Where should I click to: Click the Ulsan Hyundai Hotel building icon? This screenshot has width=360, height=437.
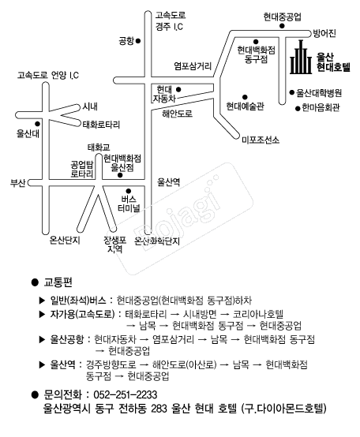point(301,57)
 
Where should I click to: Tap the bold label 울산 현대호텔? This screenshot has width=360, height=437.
point(333,62)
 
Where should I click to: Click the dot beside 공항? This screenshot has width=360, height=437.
point(137,41)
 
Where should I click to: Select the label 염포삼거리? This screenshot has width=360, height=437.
point(193,66)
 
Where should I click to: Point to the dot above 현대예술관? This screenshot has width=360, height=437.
point(245,97)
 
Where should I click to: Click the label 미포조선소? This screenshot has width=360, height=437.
point(261,140)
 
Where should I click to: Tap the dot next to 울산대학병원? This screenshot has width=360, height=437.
point(291,92)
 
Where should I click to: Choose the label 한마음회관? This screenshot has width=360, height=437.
point(321,107)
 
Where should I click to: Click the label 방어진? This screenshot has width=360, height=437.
point(324,33)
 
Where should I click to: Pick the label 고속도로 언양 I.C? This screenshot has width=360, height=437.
point(48,75)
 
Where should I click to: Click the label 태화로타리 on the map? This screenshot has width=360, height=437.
point(101,125)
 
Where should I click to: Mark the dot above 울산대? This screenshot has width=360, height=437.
point(37,124)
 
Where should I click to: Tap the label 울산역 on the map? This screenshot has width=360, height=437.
point(169,182)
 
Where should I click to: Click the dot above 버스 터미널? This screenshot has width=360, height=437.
point(128,191)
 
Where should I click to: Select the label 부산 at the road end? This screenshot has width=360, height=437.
point(18,183)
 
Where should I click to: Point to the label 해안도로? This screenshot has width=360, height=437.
point(178,114)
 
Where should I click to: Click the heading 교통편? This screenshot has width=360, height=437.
point(58,282)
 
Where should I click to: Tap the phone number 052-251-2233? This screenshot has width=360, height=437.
point(126,394)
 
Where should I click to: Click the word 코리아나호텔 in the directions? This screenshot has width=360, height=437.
point(258,314)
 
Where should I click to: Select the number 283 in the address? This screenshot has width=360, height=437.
point(159,409)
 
